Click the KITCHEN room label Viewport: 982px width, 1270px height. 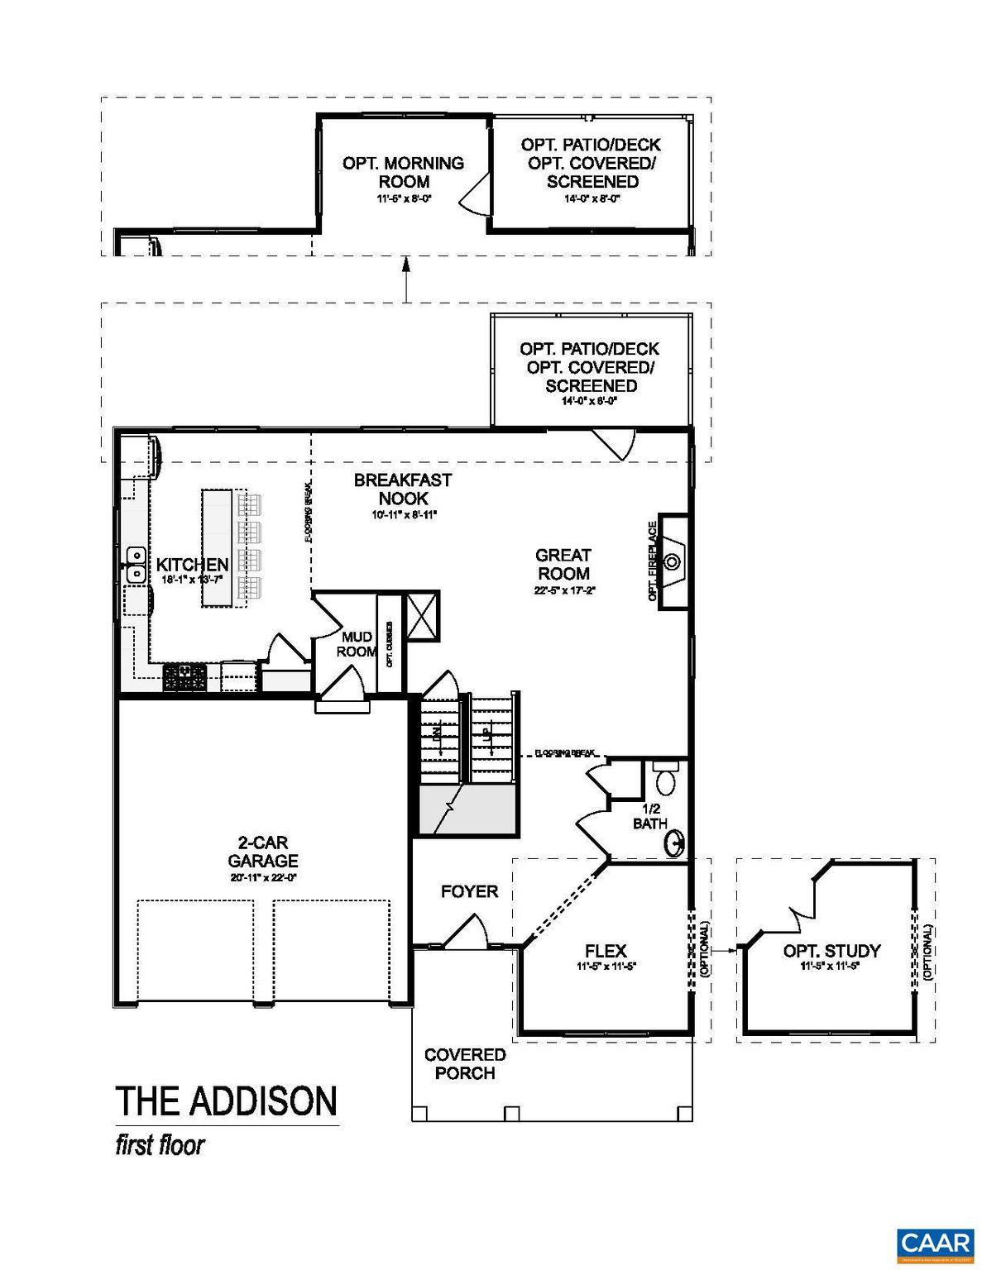tap(192, 565)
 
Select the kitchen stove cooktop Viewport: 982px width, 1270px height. tap(185, 676)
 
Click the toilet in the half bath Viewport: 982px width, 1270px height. tap(665, 779)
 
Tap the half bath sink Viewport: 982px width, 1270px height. tap(675, 844)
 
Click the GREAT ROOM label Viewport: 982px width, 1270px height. tap(563, 565)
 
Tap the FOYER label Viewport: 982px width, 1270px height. tap(469, 891)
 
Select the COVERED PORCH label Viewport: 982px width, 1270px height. tap(465, 1064)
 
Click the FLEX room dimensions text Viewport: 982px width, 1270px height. tap(606, 967)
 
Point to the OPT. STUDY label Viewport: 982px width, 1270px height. tap(831, 951)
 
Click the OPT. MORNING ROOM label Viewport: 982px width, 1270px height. tap(404, 172)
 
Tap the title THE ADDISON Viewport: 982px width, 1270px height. tap(226, 1101)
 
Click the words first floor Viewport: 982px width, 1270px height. tap(160, 1145)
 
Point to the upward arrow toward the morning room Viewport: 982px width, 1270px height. tap(406, 277)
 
